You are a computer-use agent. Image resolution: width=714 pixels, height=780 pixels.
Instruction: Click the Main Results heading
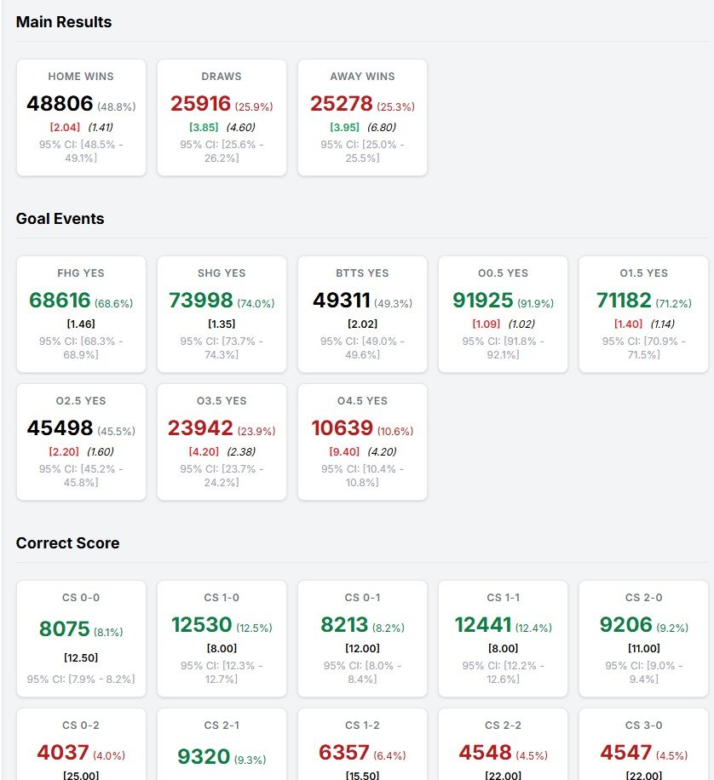click(x=64, y=22)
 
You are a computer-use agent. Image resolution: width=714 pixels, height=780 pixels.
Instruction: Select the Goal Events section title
click(x=60, y=219)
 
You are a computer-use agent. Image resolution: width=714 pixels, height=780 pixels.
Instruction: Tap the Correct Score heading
click(x=67, y=543)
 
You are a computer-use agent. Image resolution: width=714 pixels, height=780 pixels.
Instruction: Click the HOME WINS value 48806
click(x=60, y=104)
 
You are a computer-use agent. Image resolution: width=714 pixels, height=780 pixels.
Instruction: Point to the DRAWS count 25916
click(x=200, y=104)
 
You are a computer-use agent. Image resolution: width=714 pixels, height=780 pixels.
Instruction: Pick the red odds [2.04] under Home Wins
click(x=65, y=128)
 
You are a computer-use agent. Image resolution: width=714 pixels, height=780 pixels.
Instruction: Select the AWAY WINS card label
click(x=362, y=77)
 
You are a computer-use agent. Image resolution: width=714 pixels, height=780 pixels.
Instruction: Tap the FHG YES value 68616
click(x=60, y=300)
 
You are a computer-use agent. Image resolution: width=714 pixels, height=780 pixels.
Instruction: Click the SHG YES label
click(x=222, y=273)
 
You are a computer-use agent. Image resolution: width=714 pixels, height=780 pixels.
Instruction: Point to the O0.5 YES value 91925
click(x=482, y=300)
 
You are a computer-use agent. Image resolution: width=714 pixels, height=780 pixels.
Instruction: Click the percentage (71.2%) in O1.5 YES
click(x=673, y=303)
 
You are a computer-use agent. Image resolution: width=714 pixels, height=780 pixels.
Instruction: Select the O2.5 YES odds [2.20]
click(x=65, y=451)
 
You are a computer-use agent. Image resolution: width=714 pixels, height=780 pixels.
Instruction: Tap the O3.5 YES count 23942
click(x=200, y=427)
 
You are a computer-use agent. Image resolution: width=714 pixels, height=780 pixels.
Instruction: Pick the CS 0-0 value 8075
click(x=64, y=628)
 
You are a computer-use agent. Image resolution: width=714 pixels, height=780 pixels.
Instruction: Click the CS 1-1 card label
click(x=503, y=598)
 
